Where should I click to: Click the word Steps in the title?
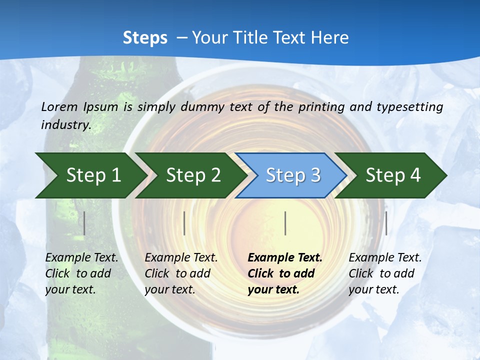pyautogui.click(x=145, y=37)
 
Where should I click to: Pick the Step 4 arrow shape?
pyautogui.click(x=392, y=175)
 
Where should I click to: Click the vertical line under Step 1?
pyautogui.click(x=84, y=223)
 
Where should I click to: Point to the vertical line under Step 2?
pyautogui.click(x=184, y=223)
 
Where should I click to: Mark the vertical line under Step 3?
pyautogui.click(x=285, y=223)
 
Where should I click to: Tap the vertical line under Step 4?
pyautogui.click(x=386, y=223)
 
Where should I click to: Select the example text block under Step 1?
pyautogui.click(x=82, y=273)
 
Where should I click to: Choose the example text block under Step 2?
pyautogui.click(x=181, y=273)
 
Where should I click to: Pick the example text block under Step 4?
pyautogui.click(x=385, y=273)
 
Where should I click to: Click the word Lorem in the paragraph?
pyautogui.click(x=59, y=106)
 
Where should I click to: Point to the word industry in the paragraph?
pyautogui.click(x=65, y=125)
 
